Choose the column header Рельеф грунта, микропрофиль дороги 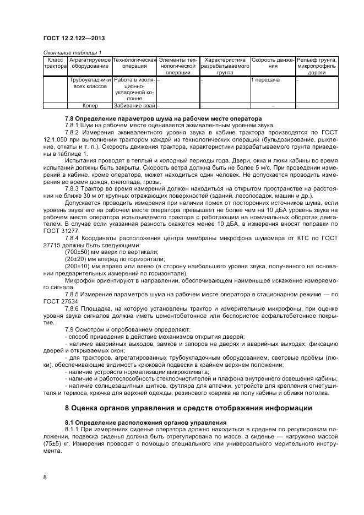click(317, 66)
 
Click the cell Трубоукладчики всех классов click(90, 83)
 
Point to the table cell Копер click(90, 105)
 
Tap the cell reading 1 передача click(265, 80)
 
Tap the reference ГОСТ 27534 click(61, 301)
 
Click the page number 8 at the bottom click(45, 478)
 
